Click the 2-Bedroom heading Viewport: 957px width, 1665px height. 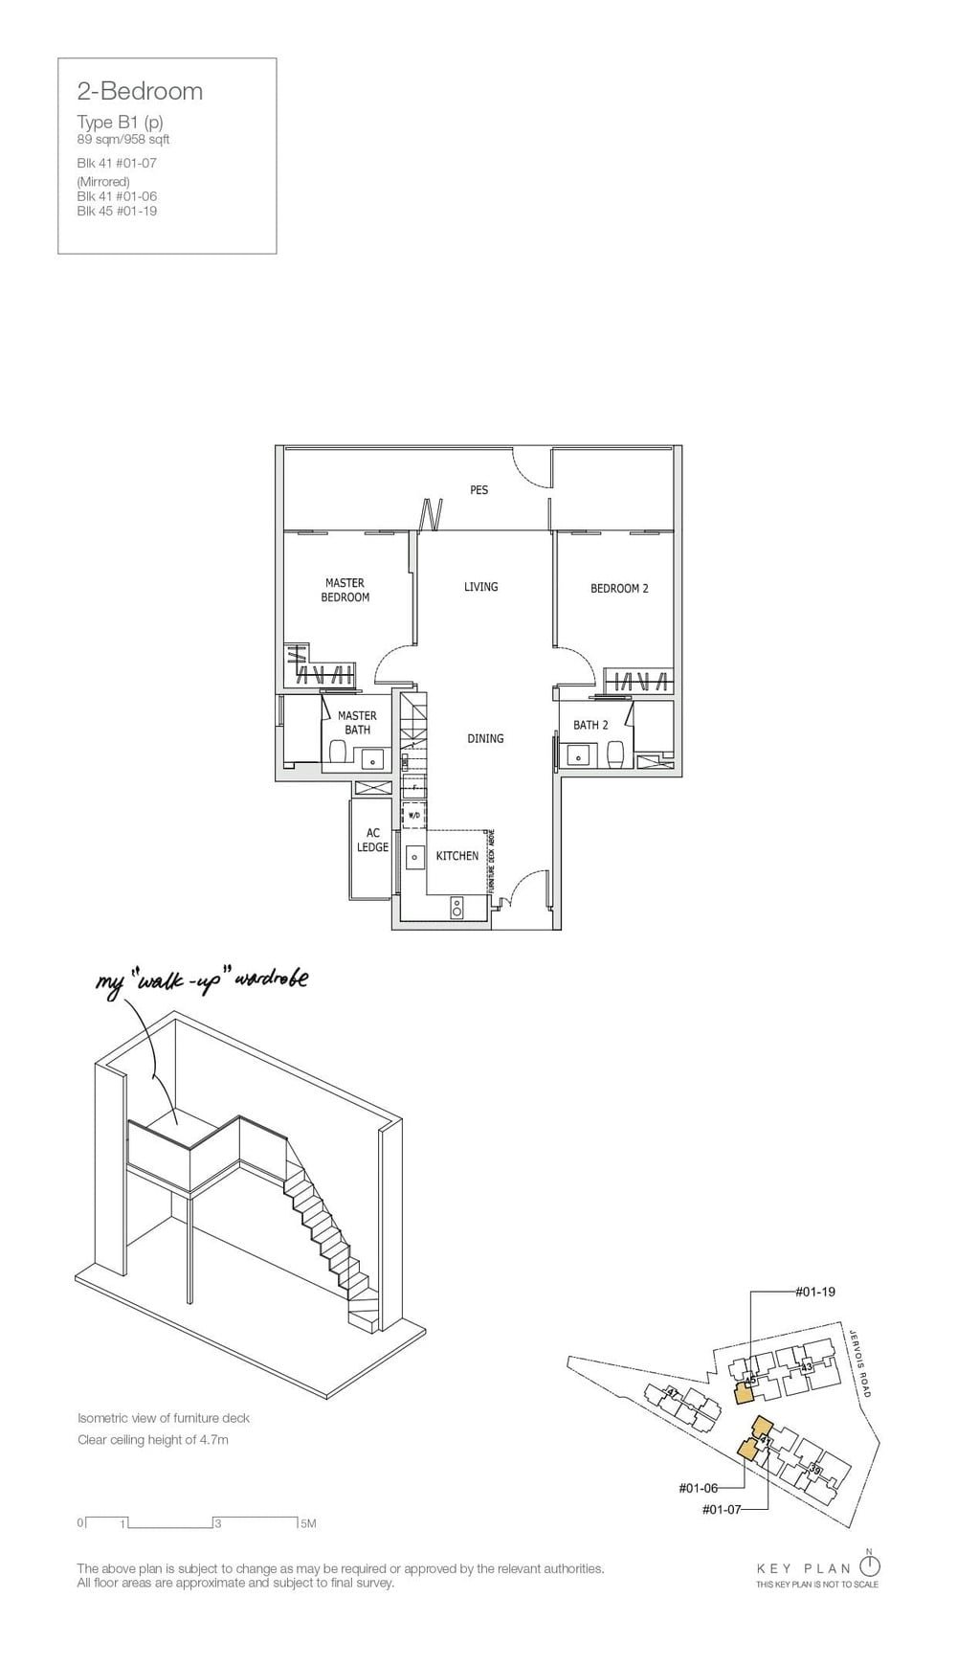140,91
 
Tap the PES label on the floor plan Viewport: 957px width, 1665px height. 478,489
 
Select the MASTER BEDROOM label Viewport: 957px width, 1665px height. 345,590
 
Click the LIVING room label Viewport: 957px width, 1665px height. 480,587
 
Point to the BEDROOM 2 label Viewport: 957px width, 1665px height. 619,588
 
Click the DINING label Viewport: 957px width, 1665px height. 485,738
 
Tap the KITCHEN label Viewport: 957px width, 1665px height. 456,856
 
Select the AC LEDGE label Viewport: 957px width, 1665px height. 372,841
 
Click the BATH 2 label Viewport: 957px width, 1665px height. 590,725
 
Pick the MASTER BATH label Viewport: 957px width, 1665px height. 357,722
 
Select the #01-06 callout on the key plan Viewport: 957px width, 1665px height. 698,1488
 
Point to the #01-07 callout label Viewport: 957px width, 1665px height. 722,1509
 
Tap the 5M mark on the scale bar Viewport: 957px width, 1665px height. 307,1523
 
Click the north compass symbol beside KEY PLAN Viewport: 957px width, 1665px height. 869,1566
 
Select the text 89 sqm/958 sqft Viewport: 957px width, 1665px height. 123,140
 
